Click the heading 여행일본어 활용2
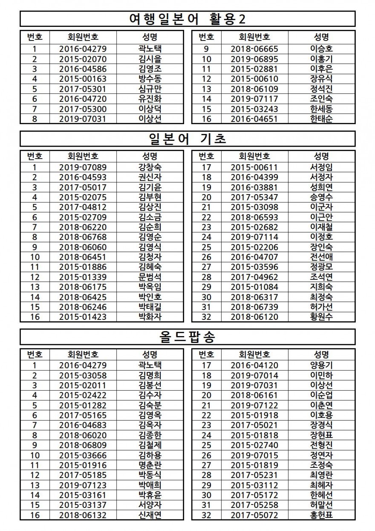(187, 19)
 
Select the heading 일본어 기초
(187, 139)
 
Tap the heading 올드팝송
(187, 337)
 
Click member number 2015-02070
(83, 59)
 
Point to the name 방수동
(150, 79)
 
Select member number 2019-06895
(254, 59)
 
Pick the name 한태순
(321, 119)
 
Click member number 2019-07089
(83, 167)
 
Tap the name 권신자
(150, 177)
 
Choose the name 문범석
(150, 277)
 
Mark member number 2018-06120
(254, 317)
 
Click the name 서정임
(321, 167)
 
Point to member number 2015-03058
(83, 375)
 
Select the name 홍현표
(321, 515)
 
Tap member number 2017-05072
(254, 515)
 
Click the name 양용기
(321, 365)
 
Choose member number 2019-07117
(254, 99)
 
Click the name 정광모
(321, 267)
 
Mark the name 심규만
(150, 89)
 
